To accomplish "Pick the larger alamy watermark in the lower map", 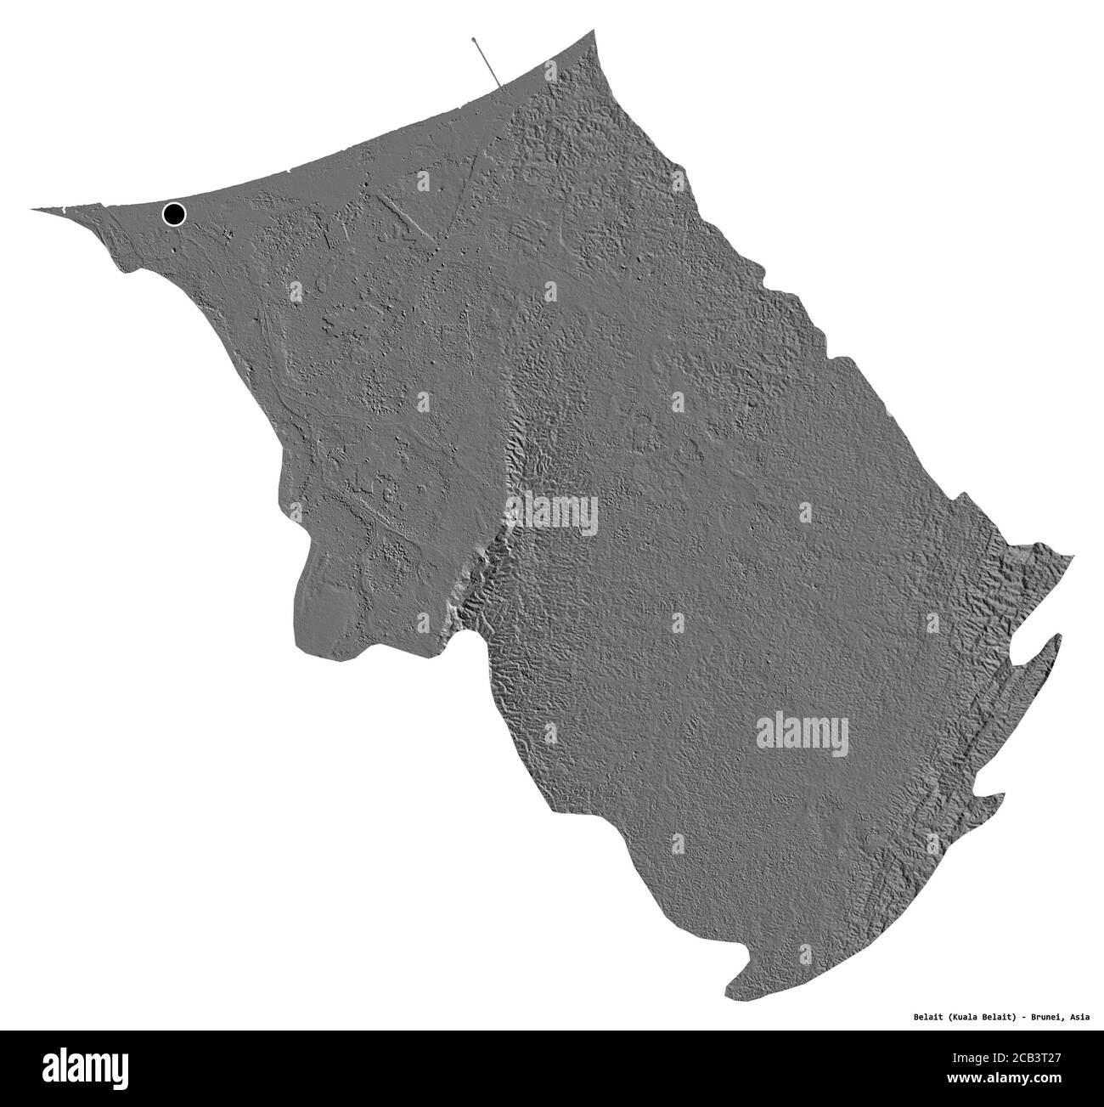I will pos(802,731).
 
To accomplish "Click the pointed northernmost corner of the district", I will pos(594,31).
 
